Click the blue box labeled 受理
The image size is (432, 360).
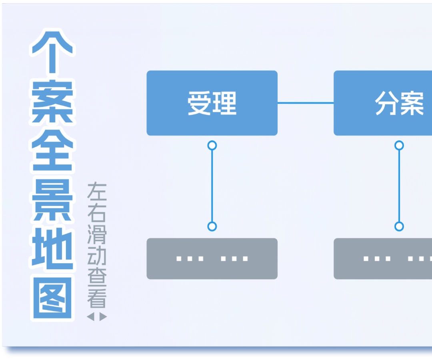point(212,103)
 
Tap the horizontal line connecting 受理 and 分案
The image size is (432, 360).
point(306,103)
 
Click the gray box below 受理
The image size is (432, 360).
point(212,258)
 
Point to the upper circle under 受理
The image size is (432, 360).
point(212,145)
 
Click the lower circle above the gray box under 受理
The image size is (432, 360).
point(212,226)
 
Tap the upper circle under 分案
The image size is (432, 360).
point(399,145)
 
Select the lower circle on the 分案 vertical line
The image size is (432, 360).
point(399,226)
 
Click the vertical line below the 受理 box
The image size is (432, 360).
point(212,186)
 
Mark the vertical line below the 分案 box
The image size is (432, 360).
point(399,186)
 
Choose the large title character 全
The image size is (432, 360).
point(52,150)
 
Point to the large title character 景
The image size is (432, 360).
point(52,200)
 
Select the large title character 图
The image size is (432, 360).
point(52,298)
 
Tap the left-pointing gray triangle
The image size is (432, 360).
point(90,317)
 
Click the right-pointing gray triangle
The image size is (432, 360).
point(103,317)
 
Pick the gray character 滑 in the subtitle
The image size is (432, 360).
point(97,236)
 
